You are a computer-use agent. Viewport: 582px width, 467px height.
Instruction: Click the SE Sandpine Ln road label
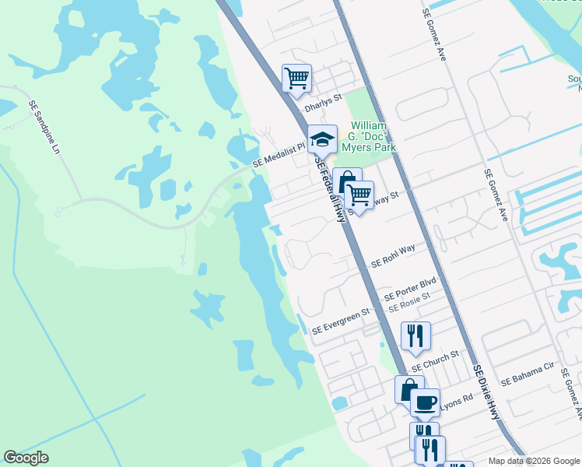[x=44, y=126]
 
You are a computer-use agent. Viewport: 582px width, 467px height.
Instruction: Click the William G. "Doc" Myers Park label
[x=373, y=136]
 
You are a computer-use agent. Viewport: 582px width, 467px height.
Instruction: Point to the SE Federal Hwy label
[x=329, y=187]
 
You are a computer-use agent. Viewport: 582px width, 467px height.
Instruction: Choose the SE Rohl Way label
[x=393, y=255]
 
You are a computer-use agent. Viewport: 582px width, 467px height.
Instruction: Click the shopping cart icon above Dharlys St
[x=296, y=78]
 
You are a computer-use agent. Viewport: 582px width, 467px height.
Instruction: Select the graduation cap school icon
[x=322, y=139]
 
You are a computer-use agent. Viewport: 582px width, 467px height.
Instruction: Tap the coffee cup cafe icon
[x=425, y=402]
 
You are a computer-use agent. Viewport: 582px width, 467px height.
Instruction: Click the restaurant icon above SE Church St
[x=415, y=335]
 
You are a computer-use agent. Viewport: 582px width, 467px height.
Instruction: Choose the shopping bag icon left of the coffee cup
[x=408, y=388]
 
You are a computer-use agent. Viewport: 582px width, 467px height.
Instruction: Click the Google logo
[x=26, y=458]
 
